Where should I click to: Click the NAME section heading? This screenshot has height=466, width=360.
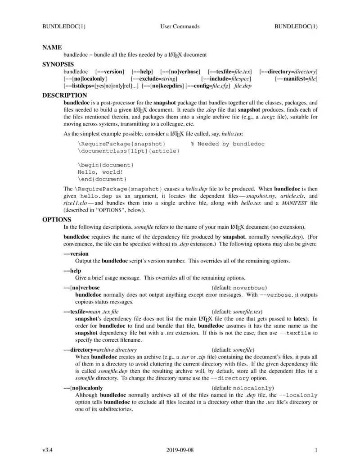click(52, 47)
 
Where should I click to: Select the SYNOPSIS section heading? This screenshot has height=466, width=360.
click(58, 64)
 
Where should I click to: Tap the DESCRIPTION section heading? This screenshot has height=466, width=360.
click(65, 95)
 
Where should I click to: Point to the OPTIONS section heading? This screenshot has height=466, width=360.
click(57, 219)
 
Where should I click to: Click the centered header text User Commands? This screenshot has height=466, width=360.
click(180, 27)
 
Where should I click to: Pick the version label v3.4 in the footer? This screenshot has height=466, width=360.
click(48, 450)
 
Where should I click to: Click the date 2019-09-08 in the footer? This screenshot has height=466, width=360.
click(180, 450)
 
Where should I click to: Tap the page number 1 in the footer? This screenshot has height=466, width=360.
click(316, 450)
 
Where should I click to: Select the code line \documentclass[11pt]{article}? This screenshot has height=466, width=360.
click(129, 151)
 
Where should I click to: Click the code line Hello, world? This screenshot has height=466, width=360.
click(100, 172)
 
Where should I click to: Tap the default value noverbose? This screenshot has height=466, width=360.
click(250, 288)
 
